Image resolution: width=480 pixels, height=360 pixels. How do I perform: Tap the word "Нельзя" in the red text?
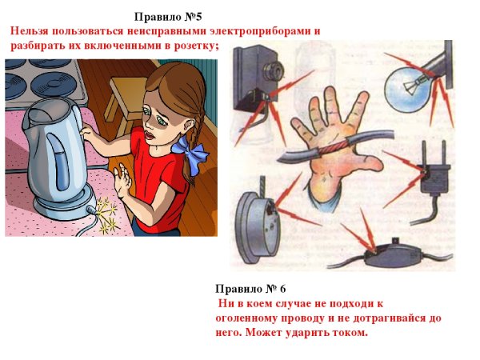point(30,30)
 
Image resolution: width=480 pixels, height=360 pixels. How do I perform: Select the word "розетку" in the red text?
point(192,44)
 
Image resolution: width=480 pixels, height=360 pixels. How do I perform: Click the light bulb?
point(413,81)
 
